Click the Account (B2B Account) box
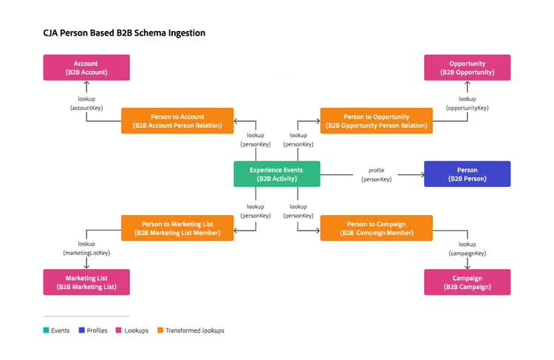coord(86,67)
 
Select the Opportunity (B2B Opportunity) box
coord(467,67)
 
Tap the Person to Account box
coord(177,121)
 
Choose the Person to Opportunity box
coord(376,121)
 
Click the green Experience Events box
coord(277,174)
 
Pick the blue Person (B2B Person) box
coord(467,174)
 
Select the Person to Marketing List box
coord(177,228)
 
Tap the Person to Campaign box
coord(376,228)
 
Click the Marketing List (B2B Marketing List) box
coord(86,282)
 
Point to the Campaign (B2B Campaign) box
coord(467,282)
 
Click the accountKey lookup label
coord(86,103)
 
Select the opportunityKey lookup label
coord(467,103)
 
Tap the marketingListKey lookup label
coord(86,248)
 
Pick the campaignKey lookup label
coord(467,248)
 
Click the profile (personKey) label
coord(376,174)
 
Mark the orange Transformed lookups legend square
coord(160,330)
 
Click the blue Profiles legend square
coord(81,330)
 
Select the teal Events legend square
coord(46,330)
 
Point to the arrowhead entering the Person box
coord(423,174)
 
